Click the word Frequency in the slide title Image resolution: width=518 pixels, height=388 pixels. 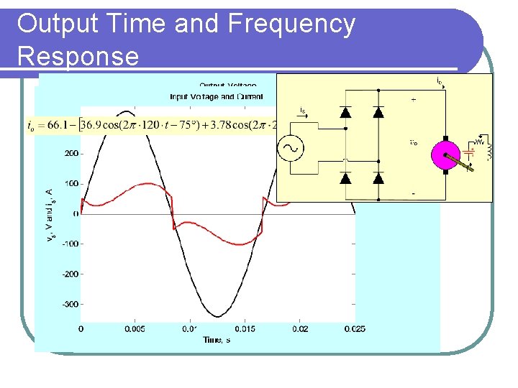pos(291,24)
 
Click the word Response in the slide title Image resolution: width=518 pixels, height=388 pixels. pos(78,56)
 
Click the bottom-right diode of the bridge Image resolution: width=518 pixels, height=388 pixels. pos(378,177)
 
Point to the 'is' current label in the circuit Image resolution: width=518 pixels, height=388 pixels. pos(302,110)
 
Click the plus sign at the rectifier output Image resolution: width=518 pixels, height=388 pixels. pos(413,101)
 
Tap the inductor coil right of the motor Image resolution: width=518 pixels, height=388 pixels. pos(489,152)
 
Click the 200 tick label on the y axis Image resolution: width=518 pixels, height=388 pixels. pos(71,153)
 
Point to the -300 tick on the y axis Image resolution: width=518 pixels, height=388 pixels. pos(69,305)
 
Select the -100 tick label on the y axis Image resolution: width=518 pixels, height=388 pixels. pos(69,244)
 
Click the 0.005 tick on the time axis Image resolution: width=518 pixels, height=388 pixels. pos(135,329)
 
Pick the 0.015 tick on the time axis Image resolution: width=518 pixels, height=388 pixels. pos(245,329)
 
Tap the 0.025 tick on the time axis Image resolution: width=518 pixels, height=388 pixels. pos(354,329)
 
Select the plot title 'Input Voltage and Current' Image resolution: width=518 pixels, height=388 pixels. pos(217,96)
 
